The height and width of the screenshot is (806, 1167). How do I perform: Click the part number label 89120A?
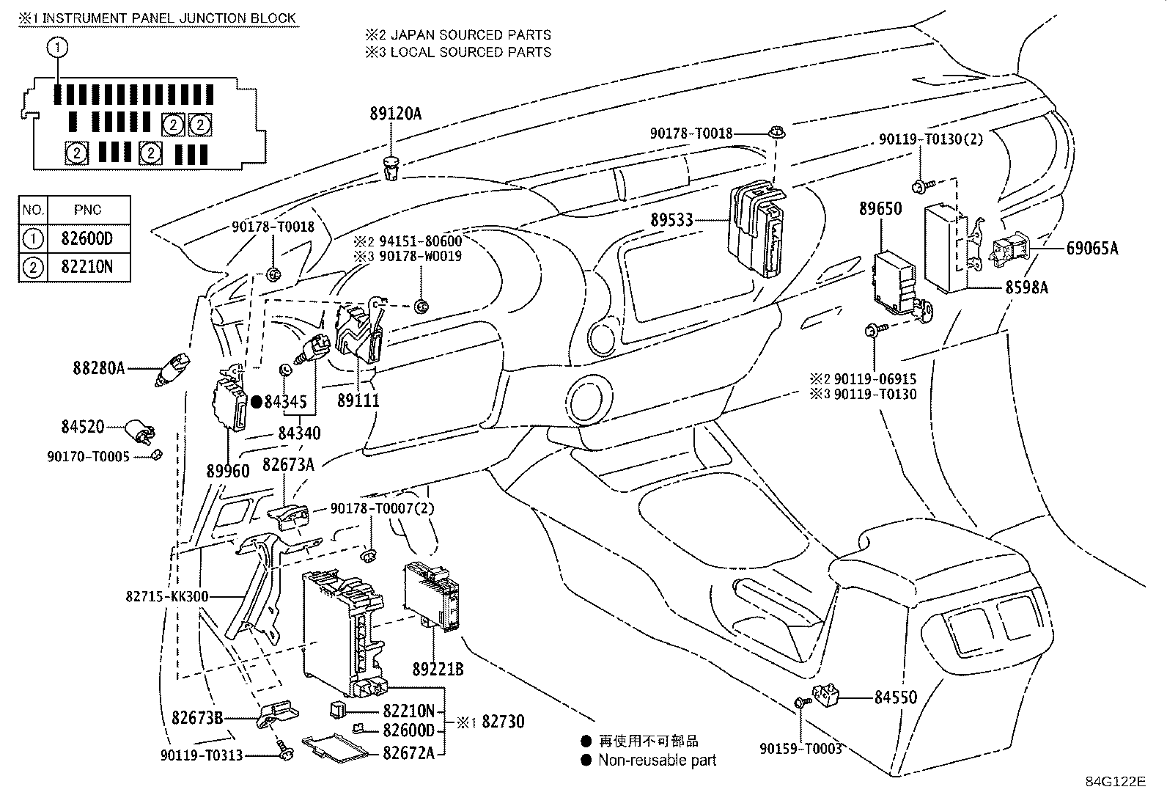[396, 114]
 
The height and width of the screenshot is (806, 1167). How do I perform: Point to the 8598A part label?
[1026, 287]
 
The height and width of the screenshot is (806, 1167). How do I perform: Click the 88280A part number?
[98, 367]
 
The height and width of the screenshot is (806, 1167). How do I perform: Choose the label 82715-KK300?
[167, 597]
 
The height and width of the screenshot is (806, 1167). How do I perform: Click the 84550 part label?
[895, 697]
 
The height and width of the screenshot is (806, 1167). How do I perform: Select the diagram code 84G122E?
[1115, 781]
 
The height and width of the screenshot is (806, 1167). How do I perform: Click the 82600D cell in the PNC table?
[87, 238]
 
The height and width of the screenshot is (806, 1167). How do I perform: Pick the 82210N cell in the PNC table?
[87, 267]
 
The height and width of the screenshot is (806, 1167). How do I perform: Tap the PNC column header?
[87, 210]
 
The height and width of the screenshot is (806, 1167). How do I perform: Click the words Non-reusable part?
[657, 761]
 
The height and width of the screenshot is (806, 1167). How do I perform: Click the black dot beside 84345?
[257, 401]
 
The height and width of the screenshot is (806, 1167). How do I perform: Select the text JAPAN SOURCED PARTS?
[470, 34]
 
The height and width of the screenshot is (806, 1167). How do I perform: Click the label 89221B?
[438, 670]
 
